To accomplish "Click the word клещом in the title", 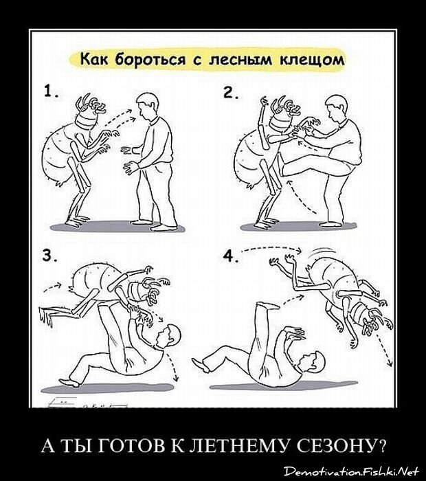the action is (x=312, y=60).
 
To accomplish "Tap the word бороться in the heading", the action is (x=150, y=59).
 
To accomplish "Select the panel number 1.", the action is (x=51, y=91).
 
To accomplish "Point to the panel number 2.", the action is (x=231, y=92).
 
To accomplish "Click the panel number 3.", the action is (x=50, y=255).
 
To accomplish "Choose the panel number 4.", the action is (x=231, y=256).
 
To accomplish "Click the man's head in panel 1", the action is (x=148, y=107).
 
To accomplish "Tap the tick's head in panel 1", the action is (x=89, y=114).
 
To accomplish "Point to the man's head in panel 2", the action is (x=337, y=108).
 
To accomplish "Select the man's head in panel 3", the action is (x=168, y=337).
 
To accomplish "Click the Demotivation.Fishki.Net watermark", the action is (x=351, y=471).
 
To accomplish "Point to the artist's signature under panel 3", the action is (x=87, y=403).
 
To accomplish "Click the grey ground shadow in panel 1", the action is (x=117, y=227).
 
